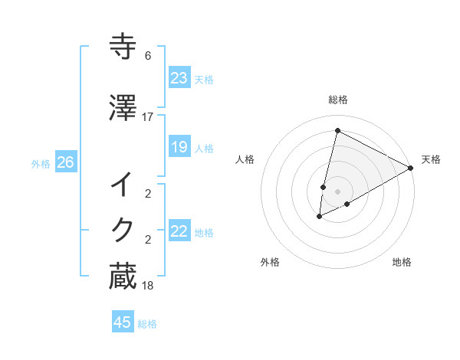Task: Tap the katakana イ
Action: pos(123,184)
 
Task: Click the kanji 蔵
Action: pos(123,276)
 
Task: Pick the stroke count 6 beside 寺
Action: pos(148,56)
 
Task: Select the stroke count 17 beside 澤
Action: pos(148,116)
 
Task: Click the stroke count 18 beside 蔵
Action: pos(148,286)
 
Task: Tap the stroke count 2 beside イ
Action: pos(148,194)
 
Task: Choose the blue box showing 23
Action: pos(179,78)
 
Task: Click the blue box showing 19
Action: pos(179,147)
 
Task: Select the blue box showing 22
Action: pos(179,231)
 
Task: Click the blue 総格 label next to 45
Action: pos(147,324)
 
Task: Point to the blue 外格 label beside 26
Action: pos(41,164)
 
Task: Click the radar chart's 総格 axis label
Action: pos(337,100)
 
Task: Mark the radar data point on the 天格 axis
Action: pos(411,168)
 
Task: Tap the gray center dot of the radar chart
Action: pos(337,191)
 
